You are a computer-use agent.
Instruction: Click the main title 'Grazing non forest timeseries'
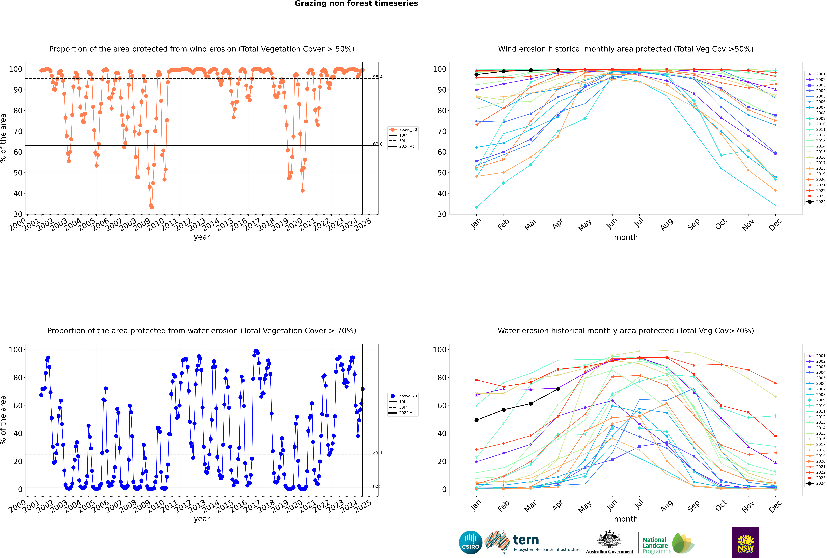(x=356, y=4)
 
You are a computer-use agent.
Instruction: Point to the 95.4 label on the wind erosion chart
(x=378, y=77)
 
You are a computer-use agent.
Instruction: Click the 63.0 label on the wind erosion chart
(x=378, y=144)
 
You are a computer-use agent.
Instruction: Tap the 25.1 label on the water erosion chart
(x=378, y=453)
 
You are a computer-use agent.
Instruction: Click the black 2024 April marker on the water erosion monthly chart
(x=558, y=389)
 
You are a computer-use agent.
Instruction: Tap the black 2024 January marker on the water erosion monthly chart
(x=476, y=420)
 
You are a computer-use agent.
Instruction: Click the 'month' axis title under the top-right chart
(x=626, y=237)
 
